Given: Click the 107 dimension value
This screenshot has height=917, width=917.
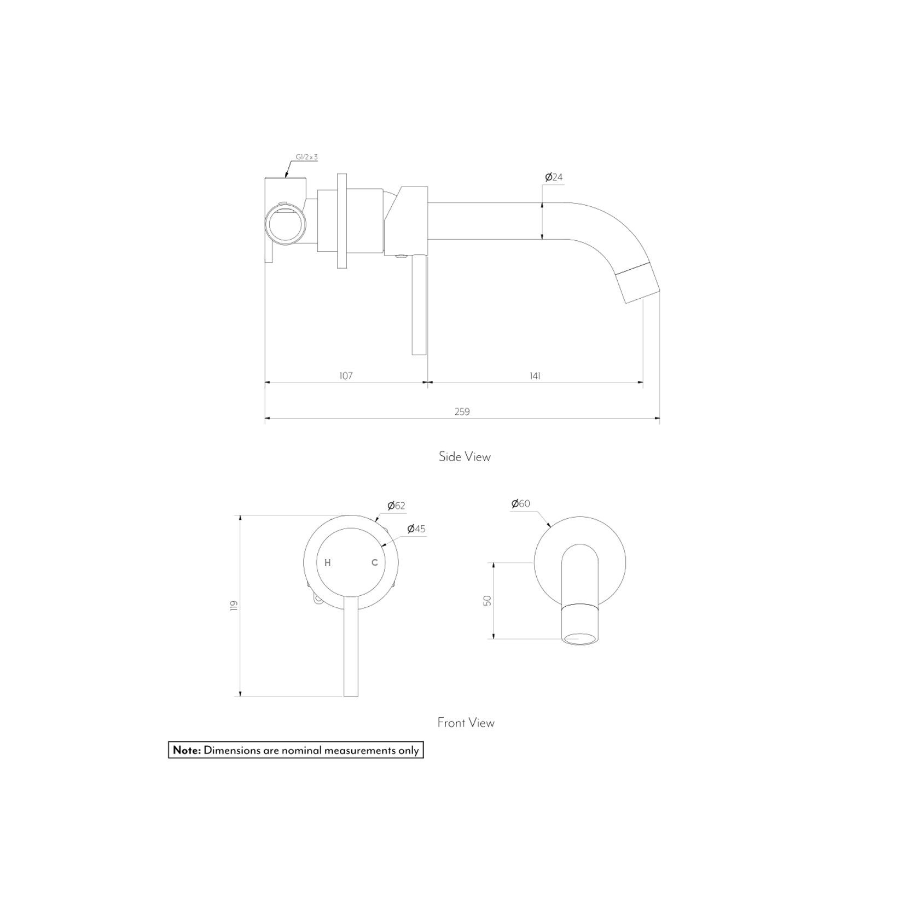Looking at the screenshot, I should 346,376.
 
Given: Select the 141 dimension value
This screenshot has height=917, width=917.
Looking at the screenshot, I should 535,376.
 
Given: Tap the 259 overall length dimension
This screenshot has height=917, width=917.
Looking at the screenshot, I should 462,411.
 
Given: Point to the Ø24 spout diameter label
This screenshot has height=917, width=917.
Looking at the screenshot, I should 554,177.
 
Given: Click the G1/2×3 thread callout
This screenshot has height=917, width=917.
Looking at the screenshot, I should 306,158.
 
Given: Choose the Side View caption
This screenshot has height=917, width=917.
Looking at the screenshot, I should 465,457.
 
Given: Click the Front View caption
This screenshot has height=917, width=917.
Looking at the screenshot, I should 466,723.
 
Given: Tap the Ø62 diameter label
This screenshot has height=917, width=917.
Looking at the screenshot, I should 396,506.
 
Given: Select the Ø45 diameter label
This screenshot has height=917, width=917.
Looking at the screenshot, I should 416,529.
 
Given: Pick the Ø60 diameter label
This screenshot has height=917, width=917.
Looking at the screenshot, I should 520,504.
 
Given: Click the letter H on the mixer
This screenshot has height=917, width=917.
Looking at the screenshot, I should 328,562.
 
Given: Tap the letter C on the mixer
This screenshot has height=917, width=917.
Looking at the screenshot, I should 375,562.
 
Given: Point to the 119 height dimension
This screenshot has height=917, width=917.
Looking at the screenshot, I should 234,606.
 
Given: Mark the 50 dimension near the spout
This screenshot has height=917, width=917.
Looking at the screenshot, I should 487,600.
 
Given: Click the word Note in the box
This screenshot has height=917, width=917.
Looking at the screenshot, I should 187,750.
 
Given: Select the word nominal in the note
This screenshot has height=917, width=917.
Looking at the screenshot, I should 301,750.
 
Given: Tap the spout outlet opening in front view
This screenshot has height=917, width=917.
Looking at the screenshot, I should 580,638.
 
